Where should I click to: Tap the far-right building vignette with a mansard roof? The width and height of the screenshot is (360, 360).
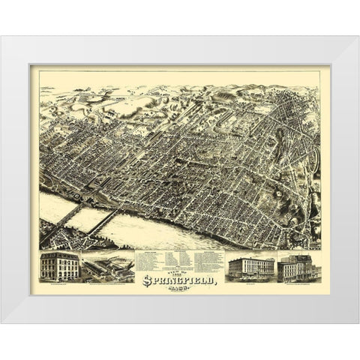click(299, 268)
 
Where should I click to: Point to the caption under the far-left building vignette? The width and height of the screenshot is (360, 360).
click(59, 286)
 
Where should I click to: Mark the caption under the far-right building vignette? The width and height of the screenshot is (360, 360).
click(299, 286)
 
